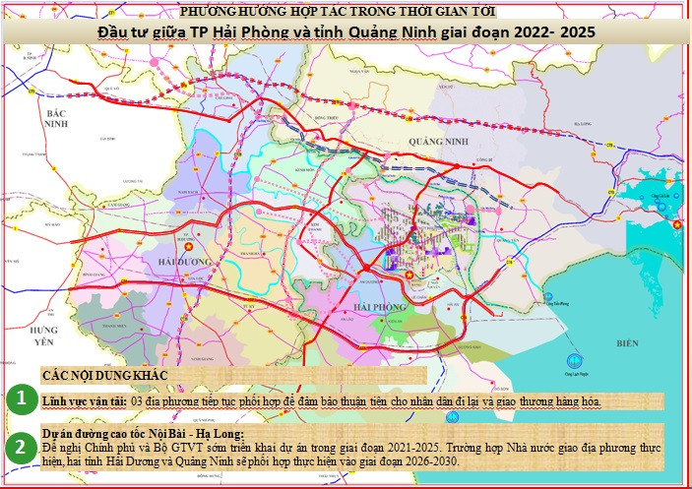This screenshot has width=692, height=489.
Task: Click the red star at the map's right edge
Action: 676,225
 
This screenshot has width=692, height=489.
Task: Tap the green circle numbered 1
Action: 19,400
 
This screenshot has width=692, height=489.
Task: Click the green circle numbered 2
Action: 19,448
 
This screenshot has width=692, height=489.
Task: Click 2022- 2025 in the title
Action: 552,31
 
